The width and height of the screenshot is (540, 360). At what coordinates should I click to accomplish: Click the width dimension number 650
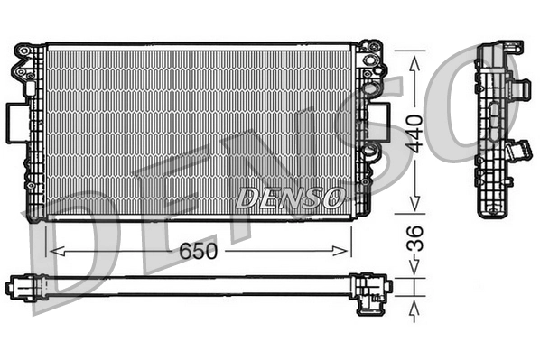click(x=197, y=250)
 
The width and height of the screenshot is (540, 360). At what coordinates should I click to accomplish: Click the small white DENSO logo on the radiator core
click(x=288, y=196)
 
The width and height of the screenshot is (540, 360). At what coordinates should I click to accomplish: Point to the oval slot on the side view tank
click(x=493, y=113)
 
